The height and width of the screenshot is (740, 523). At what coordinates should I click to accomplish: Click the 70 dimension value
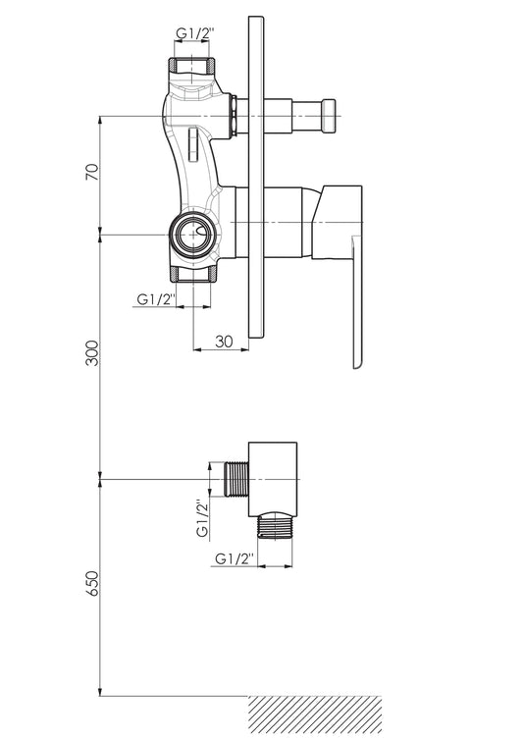(x=92, y=172)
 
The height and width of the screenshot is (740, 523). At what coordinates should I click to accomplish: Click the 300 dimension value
(x=93, y=352)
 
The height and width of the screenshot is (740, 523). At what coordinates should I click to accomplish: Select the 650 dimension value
(x=93, y=583)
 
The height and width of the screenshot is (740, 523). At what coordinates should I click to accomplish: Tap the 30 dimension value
(x=224, y=342)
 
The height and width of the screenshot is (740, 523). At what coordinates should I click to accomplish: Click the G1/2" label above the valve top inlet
(x=196, y=33)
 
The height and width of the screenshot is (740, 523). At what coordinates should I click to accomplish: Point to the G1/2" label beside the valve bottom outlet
(x=156, y=299)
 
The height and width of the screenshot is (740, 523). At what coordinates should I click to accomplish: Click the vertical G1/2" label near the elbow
(x=202, y=518)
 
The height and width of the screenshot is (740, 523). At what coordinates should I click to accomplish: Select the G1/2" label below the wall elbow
(x=235, y=558)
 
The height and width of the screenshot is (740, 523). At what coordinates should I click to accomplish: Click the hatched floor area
(x=315, y=717)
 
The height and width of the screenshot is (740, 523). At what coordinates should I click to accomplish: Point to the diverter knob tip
(x=329, y=116)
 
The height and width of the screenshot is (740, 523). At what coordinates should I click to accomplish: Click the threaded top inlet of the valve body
(x=192, y=65)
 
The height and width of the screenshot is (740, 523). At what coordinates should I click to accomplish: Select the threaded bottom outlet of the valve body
(x=194, y=274)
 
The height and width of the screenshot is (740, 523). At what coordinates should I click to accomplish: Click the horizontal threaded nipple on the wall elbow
(x=235, y=480)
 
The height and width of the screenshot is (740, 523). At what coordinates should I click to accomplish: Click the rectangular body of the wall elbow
(x=273, y=479)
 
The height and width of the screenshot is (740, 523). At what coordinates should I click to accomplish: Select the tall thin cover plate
(x=256, y=177)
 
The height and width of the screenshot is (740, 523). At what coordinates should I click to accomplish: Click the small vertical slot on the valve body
(x=192, y=144)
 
